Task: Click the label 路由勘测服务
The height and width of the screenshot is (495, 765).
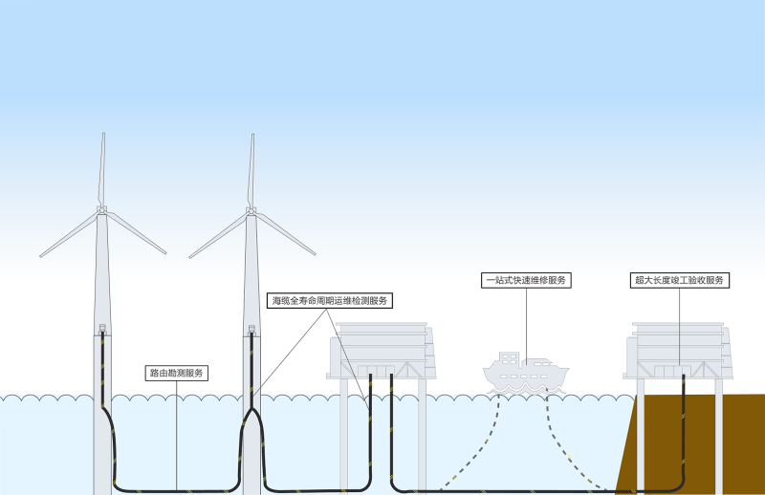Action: pos(177,373)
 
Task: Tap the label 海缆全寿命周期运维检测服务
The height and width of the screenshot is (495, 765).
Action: pos(330,300)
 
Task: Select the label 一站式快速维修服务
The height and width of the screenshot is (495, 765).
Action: pos(526,280)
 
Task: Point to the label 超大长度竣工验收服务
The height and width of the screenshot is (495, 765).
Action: pos(680,280)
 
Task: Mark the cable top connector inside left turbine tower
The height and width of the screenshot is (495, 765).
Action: pos(102,330)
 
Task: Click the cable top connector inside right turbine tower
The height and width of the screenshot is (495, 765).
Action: pos(251,330)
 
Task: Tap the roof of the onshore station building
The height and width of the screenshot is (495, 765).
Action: pos(678,326)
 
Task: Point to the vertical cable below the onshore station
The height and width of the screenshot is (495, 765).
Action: pos(685,420)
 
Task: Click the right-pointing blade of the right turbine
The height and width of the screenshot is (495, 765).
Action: pos(285,233)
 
